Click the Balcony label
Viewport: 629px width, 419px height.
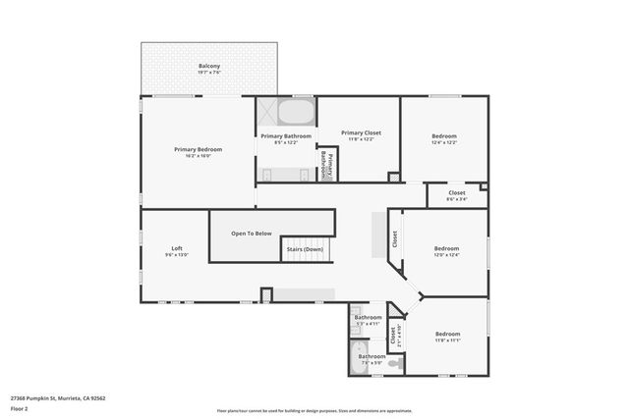pos(208,67)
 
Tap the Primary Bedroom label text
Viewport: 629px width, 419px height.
pos(199,149)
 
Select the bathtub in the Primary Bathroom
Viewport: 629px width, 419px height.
pos(286,110)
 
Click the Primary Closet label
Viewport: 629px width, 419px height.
pos(361,132)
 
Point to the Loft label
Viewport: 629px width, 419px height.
pos(177,248)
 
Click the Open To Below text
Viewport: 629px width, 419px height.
pos(252,234)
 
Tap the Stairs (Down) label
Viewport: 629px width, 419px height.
pos(305,249)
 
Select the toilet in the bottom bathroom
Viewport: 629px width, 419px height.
pos(393,363)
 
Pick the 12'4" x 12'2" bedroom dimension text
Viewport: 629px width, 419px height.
pos(444,142)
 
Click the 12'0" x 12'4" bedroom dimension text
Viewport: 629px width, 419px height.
pos(447,255)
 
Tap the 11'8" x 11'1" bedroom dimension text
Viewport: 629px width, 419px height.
pos(447,340)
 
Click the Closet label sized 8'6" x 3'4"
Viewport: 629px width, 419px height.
pos(457,192)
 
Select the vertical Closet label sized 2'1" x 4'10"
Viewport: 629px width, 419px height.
pos(393,336)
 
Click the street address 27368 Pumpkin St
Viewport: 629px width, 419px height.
pos(58,398)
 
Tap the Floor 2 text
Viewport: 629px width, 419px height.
pos(21,408)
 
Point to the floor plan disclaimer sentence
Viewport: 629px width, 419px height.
pos(314,409)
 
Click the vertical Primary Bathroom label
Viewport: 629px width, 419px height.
pos(327,163)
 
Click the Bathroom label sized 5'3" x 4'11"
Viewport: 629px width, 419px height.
pos(368,318)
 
